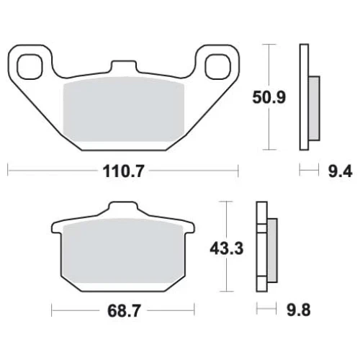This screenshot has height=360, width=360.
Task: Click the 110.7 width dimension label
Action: pyautogui.click(x=123, y=171)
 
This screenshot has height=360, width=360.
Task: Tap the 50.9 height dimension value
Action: pyautogui.click(x=269, y=97)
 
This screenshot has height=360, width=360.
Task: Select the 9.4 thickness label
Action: pyautogui.click(x=340, y=171)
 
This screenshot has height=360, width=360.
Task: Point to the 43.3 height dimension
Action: pyautogui.click(x=227, y=248)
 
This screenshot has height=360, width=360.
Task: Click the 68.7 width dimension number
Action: pyautogui.click(x=123, y=311)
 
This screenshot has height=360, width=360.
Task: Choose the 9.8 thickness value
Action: pyautogui.click(x=299, y=310)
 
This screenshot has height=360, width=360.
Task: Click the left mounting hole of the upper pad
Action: pyautogui.click(x=30, y=66)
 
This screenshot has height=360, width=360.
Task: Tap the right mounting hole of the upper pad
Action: pyautogui.click(x=218, y=66)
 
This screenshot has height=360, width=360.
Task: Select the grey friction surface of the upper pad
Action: pyautogui.click(x=123, y=109)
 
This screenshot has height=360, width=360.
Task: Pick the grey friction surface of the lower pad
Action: pyautogui.click(x=123, y=251)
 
